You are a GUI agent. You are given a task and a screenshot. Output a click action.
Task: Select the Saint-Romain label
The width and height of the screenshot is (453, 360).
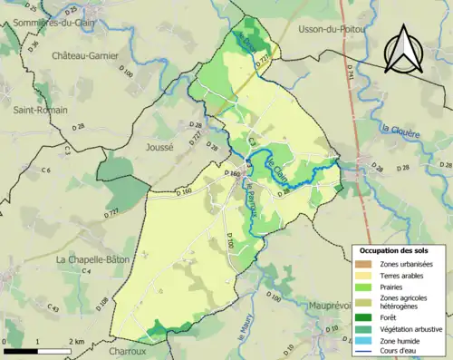point(38,110)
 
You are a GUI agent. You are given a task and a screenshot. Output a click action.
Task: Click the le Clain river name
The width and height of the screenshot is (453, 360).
point(282,166)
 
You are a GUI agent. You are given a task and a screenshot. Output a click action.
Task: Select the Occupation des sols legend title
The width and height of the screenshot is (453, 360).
point(396,249)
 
